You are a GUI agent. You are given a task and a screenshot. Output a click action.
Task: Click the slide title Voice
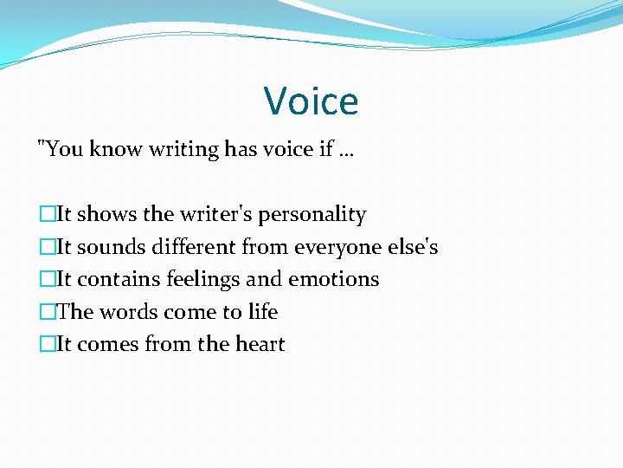pyautogui.click(x=311, y=101)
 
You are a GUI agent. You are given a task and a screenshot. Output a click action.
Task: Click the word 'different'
pyautogui.click(x=194, y=247)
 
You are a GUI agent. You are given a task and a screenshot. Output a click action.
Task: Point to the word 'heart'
pyautogui.click(x=259, y=344)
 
